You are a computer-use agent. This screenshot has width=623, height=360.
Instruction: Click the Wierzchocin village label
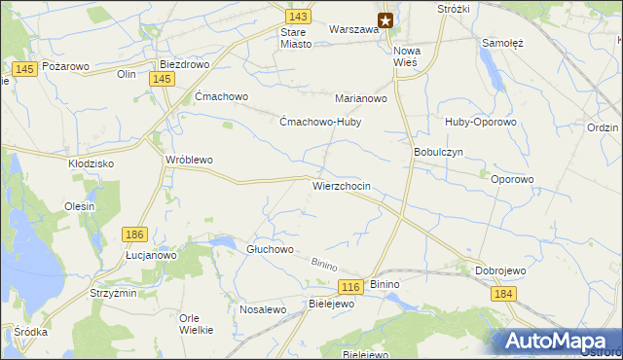click(x=341, y=185)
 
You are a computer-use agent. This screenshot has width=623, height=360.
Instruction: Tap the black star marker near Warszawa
click(x=385, y=19)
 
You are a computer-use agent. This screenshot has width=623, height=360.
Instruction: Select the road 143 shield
click(x=299, y=17)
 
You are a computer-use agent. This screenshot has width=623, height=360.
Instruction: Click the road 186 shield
click(x=135, y=234)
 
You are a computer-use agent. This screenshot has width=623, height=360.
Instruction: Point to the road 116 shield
click(x=351, y=286)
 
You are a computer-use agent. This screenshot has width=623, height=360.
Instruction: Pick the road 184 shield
click(x=502, y=294)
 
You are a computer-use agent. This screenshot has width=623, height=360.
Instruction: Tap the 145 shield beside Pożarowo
click(x=26, y=67)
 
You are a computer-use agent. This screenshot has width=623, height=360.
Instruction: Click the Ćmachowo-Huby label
click(x=319, y=123)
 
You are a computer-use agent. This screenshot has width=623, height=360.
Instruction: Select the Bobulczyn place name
click(x=438, y=153)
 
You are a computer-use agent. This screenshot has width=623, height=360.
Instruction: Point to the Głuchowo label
click(x=270, y=249)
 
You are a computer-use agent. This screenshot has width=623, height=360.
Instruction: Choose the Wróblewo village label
click(x=189, y=160)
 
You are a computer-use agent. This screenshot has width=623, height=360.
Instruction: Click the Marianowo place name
click(x=361, y=98)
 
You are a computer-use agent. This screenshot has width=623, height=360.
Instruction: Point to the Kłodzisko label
click(x=92, y=163)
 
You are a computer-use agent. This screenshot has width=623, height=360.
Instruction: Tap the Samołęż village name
click(x=503, y=43)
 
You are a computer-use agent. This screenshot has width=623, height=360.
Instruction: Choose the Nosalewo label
click(x=262, y=309)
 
